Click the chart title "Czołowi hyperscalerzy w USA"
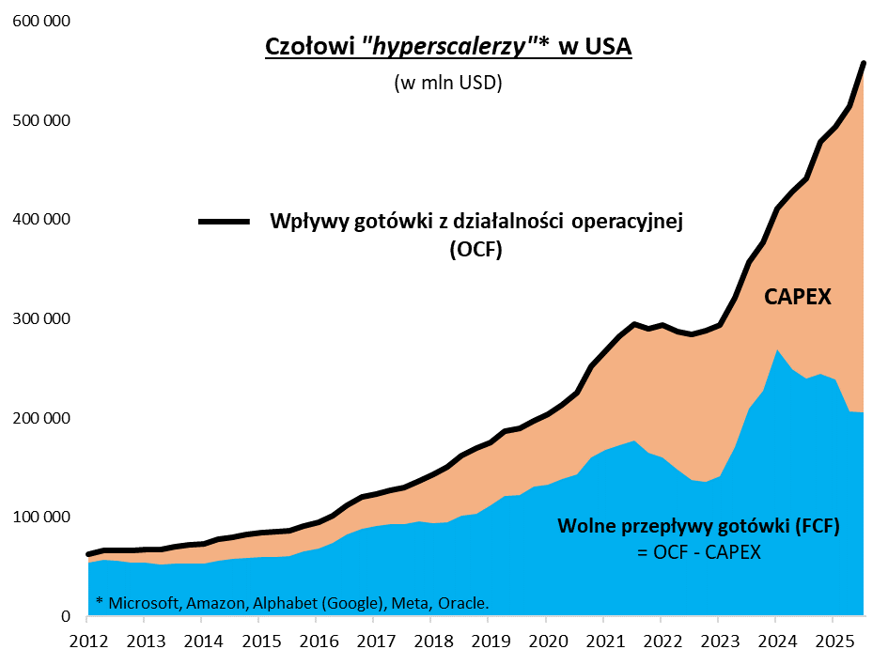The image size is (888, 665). click(448, 47)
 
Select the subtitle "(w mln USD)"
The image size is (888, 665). click(448, 83)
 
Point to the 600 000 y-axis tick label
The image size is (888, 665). click(40, 22)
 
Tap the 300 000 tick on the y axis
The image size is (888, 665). click(40, 319)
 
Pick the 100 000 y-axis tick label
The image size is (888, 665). click(40, 518)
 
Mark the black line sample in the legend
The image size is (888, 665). click(224, 222)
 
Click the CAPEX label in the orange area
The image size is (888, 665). click(798, 298)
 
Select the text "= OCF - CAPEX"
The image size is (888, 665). click(698, 551)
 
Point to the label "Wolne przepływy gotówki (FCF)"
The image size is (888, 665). click(698, 527)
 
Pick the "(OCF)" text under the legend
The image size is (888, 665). click(475, 250)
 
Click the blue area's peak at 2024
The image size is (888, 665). click(775, 350)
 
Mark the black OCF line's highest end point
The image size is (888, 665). click(864, 64)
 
